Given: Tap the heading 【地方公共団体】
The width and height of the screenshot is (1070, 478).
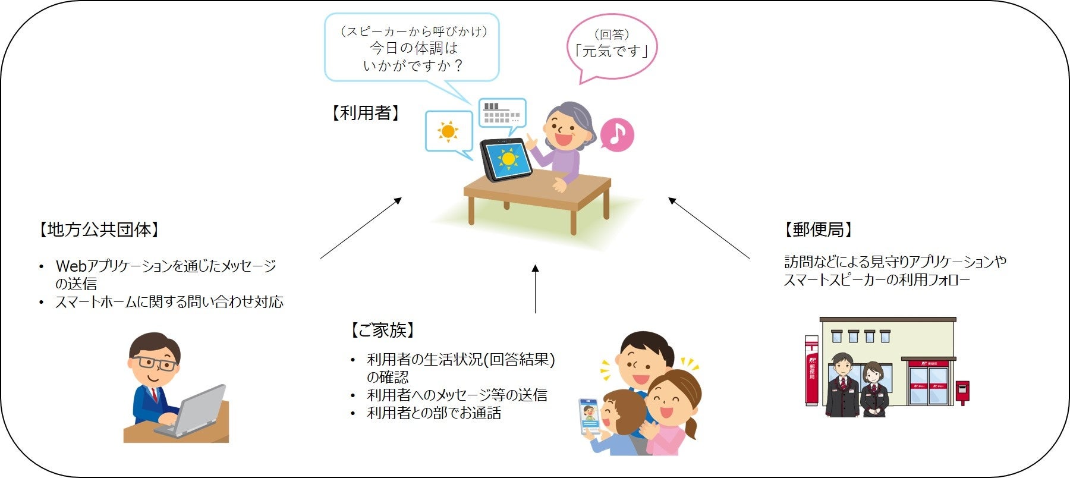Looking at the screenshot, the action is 99,229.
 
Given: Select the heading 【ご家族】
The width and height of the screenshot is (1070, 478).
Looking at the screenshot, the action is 382,330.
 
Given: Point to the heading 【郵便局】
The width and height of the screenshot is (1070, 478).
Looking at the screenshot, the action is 819,229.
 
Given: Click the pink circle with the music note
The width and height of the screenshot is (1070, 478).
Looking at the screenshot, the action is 617,134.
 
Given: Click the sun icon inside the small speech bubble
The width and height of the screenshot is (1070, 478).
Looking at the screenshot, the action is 447,131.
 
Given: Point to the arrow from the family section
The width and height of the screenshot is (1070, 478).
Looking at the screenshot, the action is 535,289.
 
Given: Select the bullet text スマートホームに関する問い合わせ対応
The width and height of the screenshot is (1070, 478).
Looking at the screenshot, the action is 169,302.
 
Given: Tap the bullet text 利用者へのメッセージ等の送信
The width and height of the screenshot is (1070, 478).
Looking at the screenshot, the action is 457,395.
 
